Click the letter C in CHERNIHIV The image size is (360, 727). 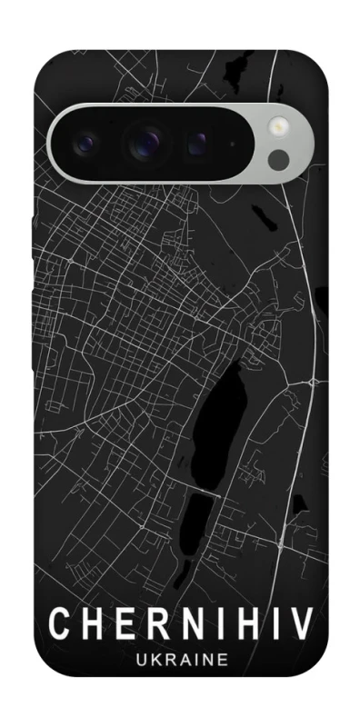[57, 624]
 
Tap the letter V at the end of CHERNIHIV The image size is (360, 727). [301, 624]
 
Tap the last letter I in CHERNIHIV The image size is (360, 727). [274, 624]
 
